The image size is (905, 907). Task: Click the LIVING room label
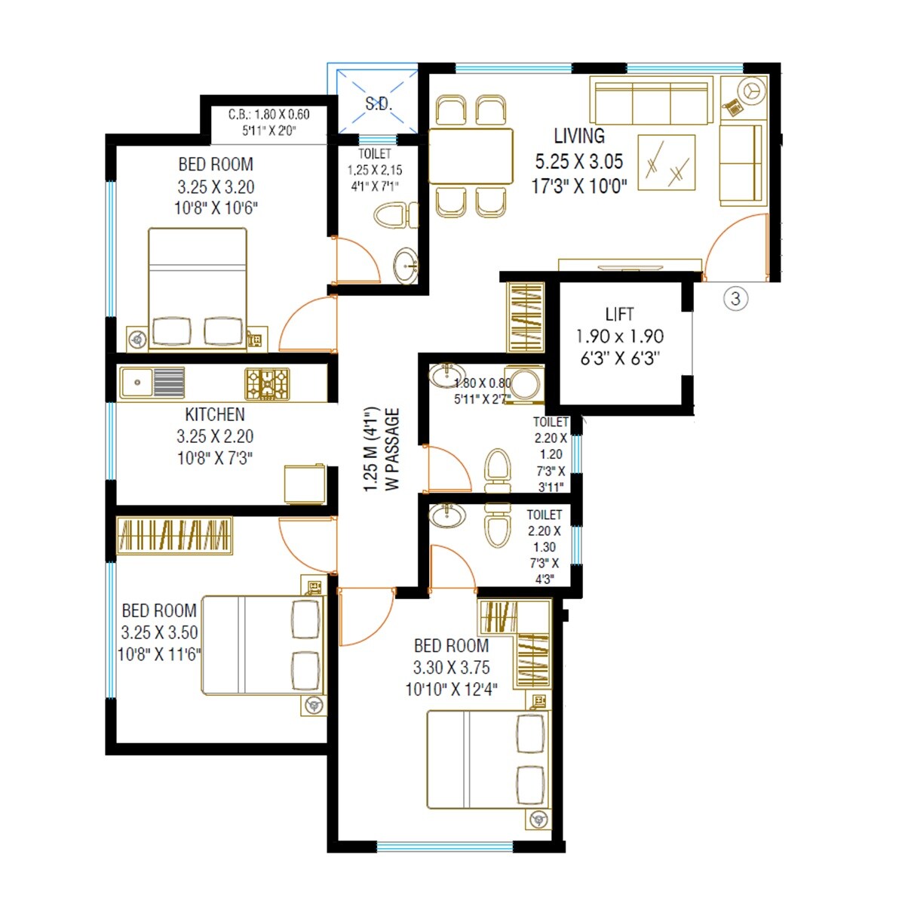coord(578,137)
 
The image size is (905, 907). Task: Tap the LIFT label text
coord(619,314)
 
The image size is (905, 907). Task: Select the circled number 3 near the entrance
coord(736,299)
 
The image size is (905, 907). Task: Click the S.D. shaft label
coord(379,104)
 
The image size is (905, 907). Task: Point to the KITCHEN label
coord(215,414)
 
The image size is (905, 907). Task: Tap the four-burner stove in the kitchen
coord(267,383)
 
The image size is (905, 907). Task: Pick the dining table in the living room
coord(471,156)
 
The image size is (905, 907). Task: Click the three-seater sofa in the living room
coord(652,101)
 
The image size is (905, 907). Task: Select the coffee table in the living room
coord(667,162)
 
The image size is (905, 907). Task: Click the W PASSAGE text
coord(393,450)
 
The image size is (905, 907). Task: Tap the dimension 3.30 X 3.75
coord(451,668)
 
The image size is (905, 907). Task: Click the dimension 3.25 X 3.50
coord(159,632)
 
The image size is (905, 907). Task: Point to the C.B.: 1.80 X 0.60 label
coord(269,115)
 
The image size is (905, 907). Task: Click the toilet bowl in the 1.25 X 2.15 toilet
coord(392,215)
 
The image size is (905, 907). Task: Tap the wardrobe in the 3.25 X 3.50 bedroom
coord(174,536)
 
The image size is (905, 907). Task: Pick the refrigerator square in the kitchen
coord(305,484)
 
